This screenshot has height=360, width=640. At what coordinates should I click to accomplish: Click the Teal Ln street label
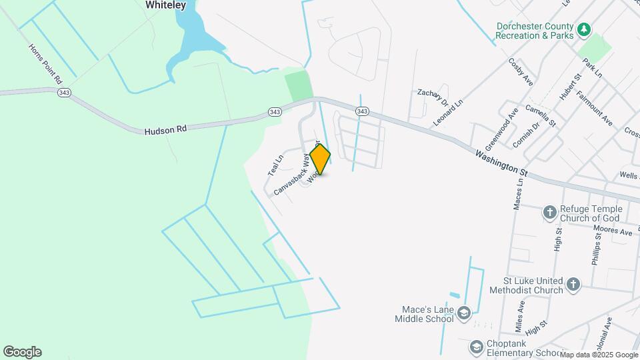275,165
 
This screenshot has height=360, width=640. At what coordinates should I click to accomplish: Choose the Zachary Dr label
432,98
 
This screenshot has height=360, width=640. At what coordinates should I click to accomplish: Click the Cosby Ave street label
521,71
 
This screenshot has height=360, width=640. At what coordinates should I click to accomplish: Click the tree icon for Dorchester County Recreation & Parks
584,29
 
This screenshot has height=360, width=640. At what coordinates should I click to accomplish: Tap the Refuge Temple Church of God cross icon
549,213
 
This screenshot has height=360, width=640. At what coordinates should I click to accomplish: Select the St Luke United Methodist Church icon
573,285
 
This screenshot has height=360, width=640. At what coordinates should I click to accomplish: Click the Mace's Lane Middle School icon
464,313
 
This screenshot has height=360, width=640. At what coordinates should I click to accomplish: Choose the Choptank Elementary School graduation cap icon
476,347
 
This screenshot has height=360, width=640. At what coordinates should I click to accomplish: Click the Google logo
22,352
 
